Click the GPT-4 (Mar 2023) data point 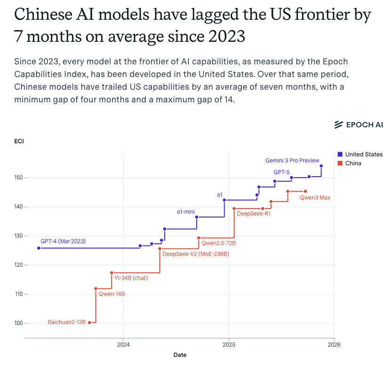click(x=39, y=248)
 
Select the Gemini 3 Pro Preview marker click(x=321, y=166)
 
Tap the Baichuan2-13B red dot click(x=89, y=322)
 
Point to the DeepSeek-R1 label click(x=254, y=214)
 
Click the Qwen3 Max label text click(x=315, y=198)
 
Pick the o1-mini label click(x=186, y=212)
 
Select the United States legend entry click(x=360, y=155)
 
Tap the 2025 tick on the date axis click(x=229, y=344)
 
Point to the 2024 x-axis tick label click(x=123, y=344)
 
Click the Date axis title click(x=180, y=355)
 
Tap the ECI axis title click(x=19, y=141)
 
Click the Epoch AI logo click(x=359, y=124)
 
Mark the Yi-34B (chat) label click(x=131, y=278)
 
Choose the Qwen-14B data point click(x=96, y=288)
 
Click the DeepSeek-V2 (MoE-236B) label click(x=196, y=254)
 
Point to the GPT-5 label click(x=281, y=172)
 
